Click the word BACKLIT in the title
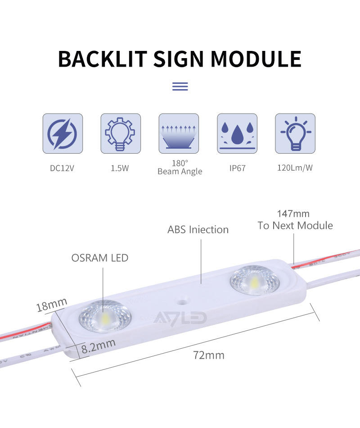pos(102,59)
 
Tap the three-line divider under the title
pos(180,86)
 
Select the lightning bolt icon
pos(63,133)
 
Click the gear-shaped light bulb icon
pos(121,133)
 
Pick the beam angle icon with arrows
pos(179,133)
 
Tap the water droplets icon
pos(237,133)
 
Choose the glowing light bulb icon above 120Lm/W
pos(295,133)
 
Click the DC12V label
pos(63,168)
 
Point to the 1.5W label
pos(120,168)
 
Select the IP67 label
pos(237,168)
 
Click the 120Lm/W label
pos(295,168)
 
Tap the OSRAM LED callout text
pos(100,258)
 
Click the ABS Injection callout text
pos(198,230)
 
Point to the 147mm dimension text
pos(293,214)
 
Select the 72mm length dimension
pos(209,355)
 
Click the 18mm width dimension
pos(51,305)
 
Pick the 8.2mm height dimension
pos(99,346)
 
